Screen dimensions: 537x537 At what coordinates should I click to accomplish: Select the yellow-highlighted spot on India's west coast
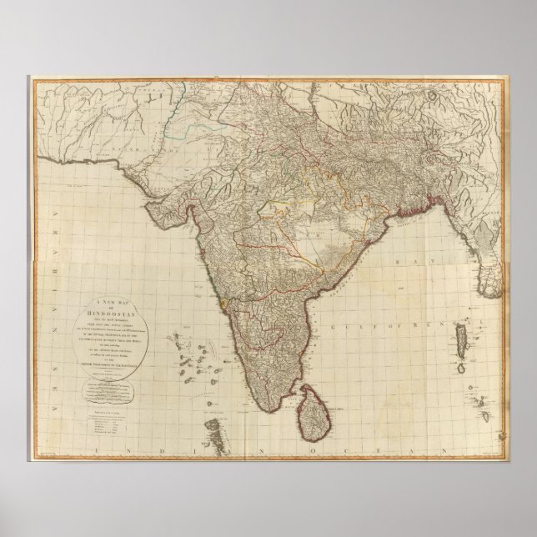pos(223,305)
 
